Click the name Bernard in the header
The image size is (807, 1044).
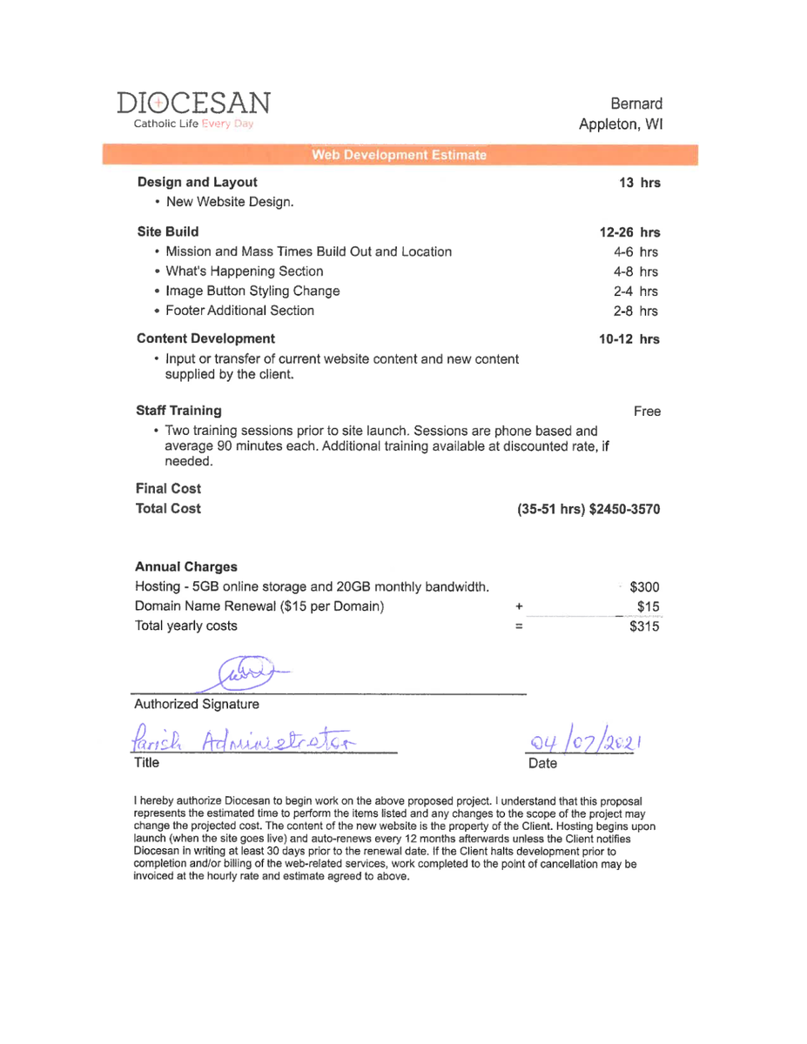(637, 104)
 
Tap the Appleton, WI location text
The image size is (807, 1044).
(622, 124)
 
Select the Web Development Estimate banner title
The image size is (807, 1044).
(400, 156)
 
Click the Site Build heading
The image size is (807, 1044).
(168, 231)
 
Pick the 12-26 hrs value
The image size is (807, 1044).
(629, 232)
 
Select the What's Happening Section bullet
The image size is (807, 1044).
(244, 271)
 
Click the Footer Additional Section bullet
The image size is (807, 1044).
(239, 311)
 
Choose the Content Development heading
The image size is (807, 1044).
(206, 338)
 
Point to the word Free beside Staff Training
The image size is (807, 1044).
(647, 411)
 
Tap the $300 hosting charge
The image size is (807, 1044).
(643, 587)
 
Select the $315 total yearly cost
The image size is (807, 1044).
(644, 626)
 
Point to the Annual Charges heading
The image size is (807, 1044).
(186, 567)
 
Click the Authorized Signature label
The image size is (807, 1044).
(196, 703)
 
